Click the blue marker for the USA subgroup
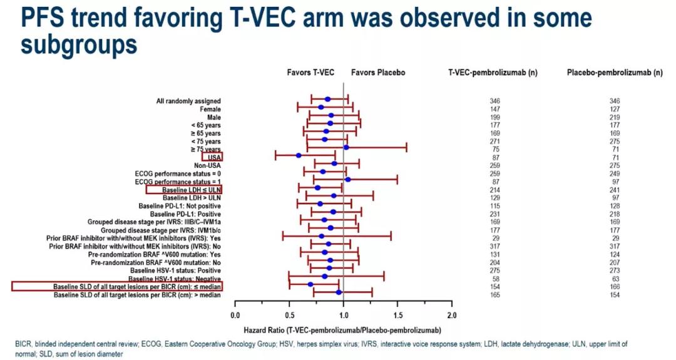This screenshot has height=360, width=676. pos(299,155)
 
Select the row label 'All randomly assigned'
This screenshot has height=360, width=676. pos(188,101)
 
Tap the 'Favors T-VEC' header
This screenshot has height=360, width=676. pos(310,73)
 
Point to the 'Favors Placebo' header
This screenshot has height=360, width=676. pos(378,73)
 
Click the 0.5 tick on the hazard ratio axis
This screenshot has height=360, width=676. pos(289,315)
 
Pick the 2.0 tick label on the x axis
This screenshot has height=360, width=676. pos(452,315)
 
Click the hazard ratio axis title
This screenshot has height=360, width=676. pos(342,329)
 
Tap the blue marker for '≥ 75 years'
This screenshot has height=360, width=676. pos(346,148)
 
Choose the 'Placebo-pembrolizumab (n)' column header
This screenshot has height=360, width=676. pos(615,73)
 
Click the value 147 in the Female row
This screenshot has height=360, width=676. pos(495,108)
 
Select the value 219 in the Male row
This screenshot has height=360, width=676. pos(614,117)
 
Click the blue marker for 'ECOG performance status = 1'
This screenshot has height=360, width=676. pos(348,180)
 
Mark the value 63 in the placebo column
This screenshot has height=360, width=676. pos(614,279)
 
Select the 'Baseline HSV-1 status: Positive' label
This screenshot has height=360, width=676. pos(177,270)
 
